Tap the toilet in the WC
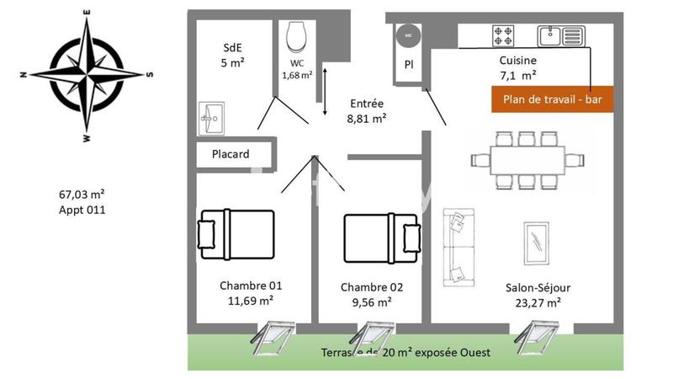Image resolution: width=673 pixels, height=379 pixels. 296,37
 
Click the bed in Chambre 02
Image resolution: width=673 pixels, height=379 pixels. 381,232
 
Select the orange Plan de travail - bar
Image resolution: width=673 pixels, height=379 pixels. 552,99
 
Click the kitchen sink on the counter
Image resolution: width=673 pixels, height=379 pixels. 560,35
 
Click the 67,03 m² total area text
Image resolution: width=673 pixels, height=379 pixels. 82,194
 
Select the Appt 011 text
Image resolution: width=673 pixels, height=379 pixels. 82,211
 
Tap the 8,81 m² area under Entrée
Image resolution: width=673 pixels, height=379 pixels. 367,120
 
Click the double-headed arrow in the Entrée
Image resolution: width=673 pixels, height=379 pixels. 325,93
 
